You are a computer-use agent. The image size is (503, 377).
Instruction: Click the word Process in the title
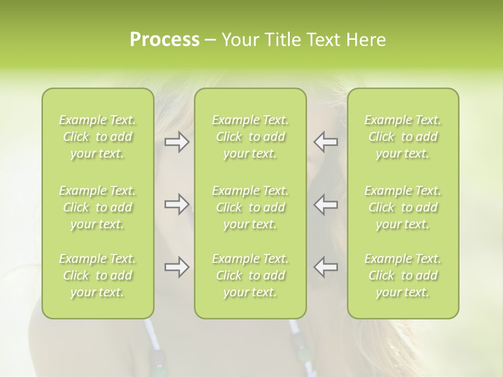point(165,39)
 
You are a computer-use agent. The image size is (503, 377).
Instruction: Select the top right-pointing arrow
point(177,142)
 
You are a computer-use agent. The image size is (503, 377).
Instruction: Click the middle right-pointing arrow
point(177,204)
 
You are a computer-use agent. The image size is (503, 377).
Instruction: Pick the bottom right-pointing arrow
point(177,267)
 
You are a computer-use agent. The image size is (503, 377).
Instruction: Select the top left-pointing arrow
point(326,142)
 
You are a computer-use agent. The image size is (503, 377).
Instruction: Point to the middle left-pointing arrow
point(326,204)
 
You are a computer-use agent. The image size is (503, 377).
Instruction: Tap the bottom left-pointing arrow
point(326,267)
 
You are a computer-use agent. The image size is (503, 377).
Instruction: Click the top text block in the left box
point(97,137)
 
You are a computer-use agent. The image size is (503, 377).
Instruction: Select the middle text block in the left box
point(97,207)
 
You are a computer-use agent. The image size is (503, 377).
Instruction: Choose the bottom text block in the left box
point(97,275)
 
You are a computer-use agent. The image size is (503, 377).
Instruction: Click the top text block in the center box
point(250,137)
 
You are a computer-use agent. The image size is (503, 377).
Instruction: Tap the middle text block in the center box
point(250,207)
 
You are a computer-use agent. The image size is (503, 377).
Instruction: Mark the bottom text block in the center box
point(250,275)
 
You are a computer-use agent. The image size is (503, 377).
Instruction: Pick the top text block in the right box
point(403,137)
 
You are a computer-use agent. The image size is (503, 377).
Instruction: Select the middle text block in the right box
point(403,207)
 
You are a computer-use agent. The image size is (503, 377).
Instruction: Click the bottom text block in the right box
point(403,275)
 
